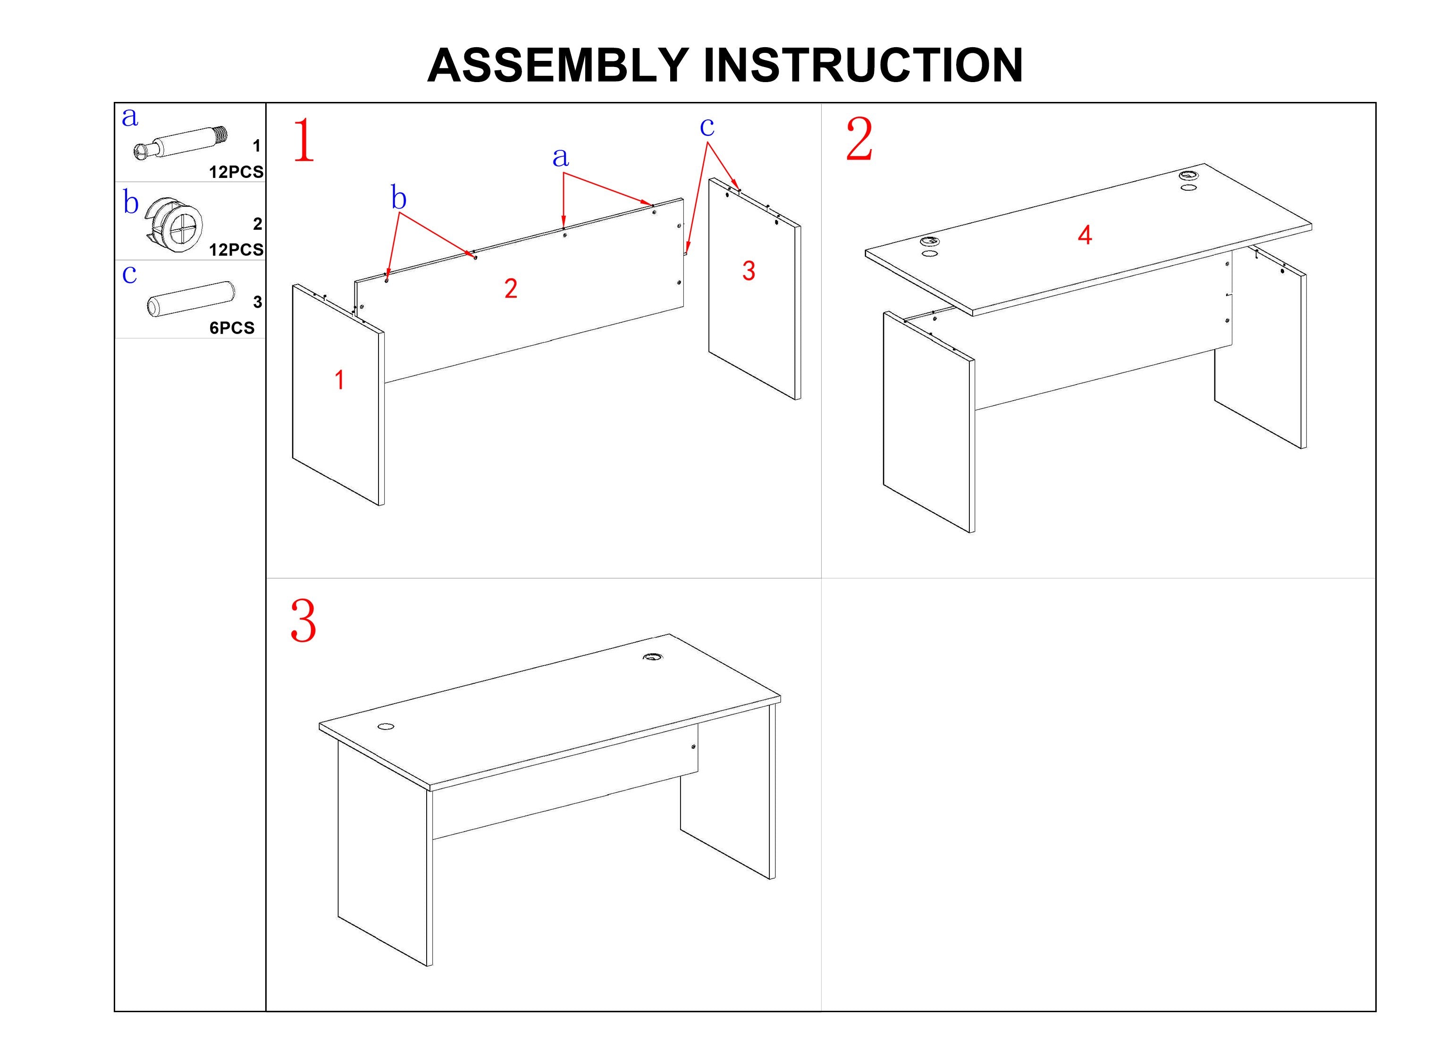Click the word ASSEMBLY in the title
558,66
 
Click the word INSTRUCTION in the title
864,66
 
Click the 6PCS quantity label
232,328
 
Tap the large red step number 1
303,140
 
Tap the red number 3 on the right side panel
749,271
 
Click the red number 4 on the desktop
1085,235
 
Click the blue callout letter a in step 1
560,157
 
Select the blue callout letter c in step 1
707,127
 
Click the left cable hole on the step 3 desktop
386,727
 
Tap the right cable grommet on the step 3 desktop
653,657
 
